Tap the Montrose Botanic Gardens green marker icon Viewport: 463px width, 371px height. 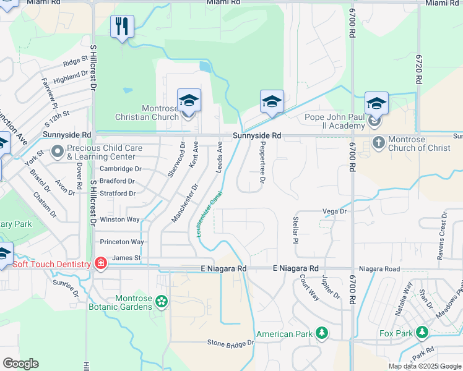coord(162,302)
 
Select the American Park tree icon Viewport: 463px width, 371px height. coord(321,334)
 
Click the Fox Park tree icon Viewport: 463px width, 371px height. coord(423,333)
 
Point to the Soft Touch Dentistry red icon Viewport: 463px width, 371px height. coord(101,264)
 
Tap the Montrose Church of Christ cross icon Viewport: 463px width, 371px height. coord(379,143)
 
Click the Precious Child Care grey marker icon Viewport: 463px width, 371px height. coord(58,151)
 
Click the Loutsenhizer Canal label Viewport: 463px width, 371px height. coord(210,216)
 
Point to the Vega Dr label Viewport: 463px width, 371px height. coord(334,211)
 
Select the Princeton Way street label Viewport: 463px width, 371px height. coord(122,242)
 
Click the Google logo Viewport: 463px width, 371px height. coord(20,364)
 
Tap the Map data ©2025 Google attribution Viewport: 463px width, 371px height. coord(425,366)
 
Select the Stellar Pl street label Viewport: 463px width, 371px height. coord(295,229)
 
